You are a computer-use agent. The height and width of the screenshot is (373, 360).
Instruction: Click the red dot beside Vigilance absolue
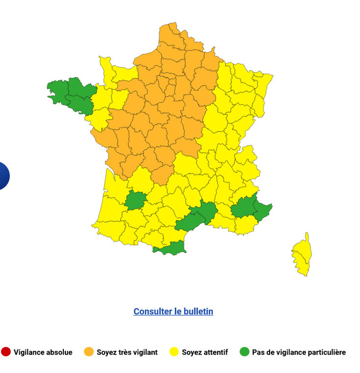(6, 352)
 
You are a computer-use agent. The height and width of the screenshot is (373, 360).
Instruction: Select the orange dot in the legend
(89, 352)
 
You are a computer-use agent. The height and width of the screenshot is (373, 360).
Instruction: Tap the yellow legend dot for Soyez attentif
(174, 352)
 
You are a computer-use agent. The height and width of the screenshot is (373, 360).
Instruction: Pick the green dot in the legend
(245, 352)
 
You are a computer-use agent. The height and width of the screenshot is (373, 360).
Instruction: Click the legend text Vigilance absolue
(43, 352)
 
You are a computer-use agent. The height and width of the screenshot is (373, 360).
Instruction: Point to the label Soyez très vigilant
(127, 352)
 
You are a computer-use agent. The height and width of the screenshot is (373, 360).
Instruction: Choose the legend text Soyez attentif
(204, 352)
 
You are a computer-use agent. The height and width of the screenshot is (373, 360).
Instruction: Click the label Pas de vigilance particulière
(299, 352)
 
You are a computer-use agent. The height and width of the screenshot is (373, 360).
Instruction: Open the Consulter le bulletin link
(173, 311)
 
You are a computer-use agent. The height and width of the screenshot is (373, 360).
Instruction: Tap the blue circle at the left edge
(3, 175)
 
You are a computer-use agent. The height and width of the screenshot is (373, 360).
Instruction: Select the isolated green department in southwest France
(135, 200)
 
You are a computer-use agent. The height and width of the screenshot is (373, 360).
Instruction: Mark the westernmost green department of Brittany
(58, 90)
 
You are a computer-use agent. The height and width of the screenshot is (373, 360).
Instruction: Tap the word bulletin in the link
(196, 311)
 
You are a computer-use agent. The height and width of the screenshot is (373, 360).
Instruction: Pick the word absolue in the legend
(59, 352)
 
